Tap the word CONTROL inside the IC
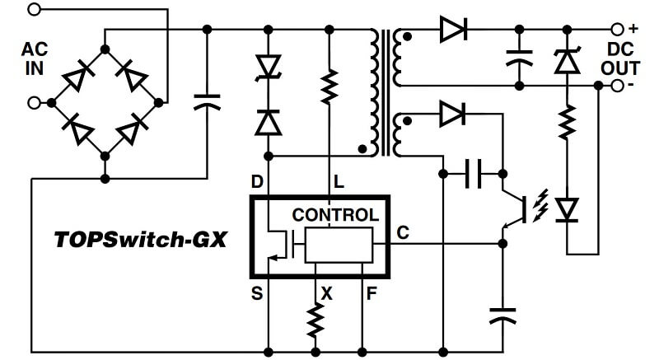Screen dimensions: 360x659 (335, 215)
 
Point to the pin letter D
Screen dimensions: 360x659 (257, 180)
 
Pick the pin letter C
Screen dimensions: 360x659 (403, 233)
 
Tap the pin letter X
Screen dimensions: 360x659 (327, 292)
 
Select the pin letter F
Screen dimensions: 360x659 (372, 292)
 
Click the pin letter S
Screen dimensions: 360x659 (257, 292)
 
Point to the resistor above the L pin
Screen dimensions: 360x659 (329, 85)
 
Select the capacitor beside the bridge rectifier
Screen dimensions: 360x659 (207, 102)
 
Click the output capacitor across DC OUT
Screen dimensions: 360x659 (519, 58)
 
